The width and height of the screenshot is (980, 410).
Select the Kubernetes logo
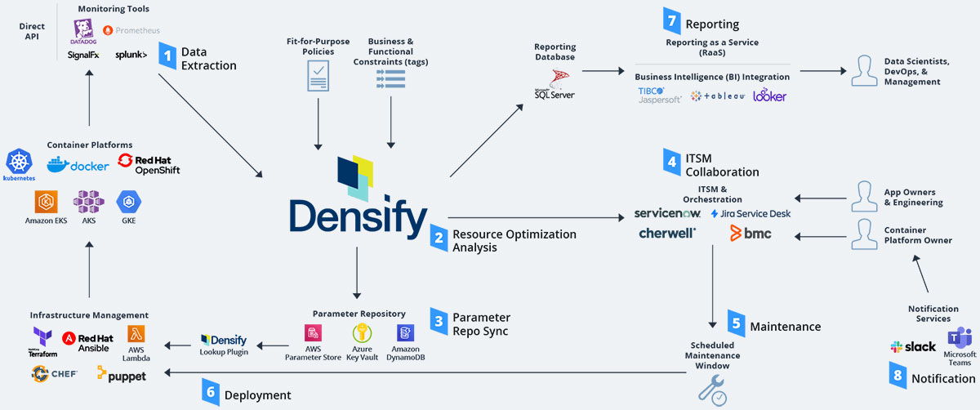pos(19,164)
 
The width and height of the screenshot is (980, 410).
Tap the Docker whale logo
pos(78,165)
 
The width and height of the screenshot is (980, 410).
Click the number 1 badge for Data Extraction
pos(167,57)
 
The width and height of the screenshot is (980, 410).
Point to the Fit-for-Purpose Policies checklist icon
pos(317,78)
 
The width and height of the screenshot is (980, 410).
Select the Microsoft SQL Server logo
pos(555,84)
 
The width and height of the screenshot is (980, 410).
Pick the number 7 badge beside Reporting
pos(670,22)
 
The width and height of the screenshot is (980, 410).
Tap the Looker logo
pos(769,96)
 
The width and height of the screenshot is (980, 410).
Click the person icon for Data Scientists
pos(863,70)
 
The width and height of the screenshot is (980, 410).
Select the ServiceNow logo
pos(667,214)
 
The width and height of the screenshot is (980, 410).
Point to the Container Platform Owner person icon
pos(863,234)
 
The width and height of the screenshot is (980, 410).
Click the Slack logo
pos(913,346)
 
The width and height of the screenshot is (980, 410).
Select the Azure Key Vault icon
pos(362,333)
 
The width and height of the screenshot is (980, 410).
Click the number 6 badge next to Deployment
pos(211,393)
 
